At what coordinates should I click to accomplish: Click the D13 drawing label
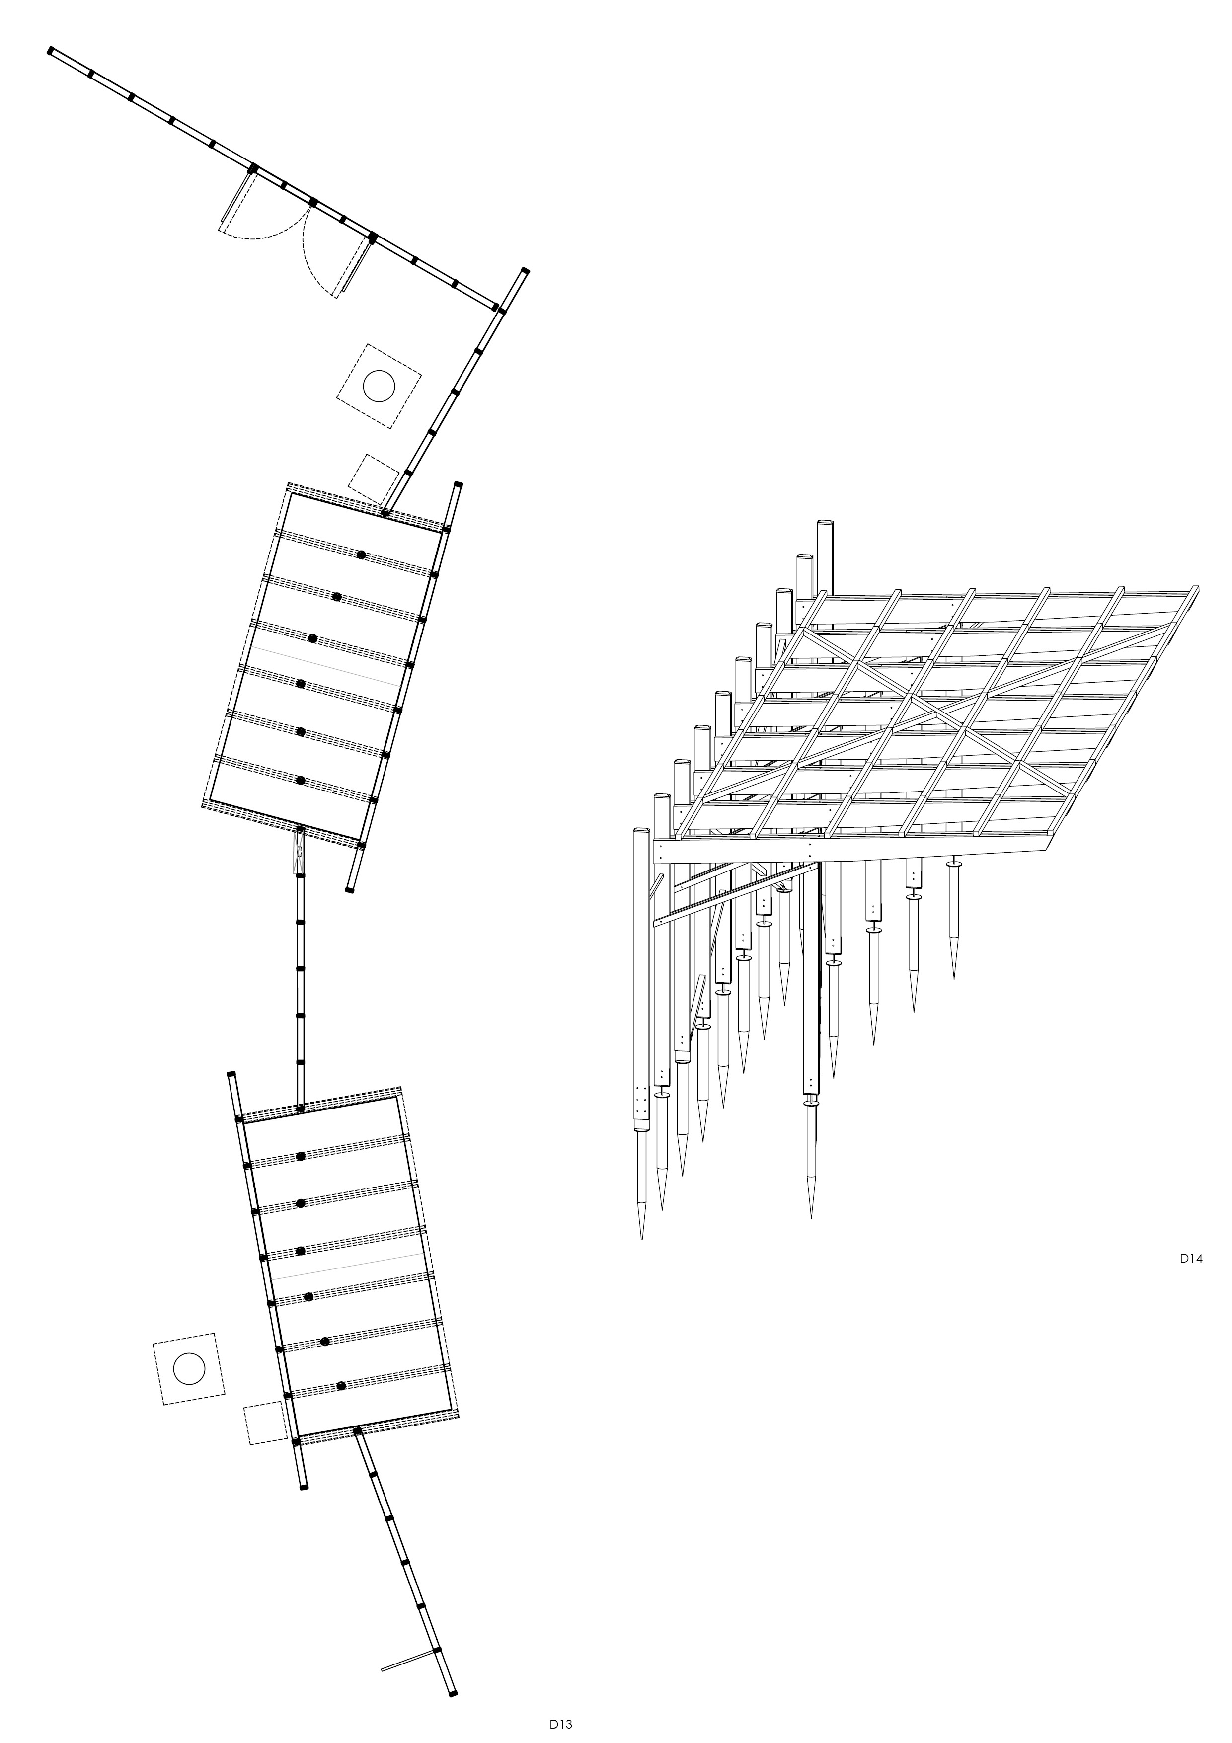[561, 1723]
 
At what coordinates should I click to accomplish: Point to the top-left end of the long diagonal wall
[50, 50]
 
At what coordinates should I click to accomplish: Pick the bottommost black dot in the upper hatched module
[300, 781]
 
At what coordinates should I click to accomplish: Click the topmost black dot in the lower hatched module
[301, 1156]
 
